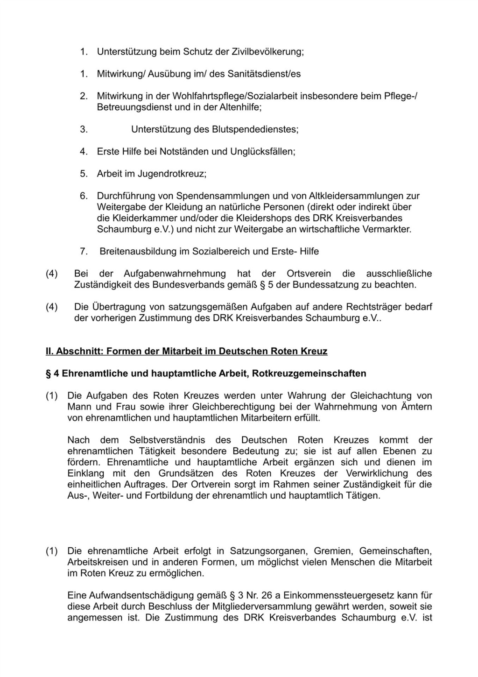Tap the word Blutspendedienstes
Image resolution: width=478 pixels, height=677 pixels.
tap(254, 129)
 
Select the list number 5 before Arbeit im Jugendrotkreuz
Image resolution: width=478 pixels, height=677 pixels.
tap(84, 174)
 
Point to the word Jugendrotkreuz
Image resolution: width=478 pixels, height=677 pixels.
tap(171, 174)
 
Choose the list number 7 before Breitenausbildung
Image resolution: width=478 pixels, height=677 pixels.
tap(84, 251)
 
